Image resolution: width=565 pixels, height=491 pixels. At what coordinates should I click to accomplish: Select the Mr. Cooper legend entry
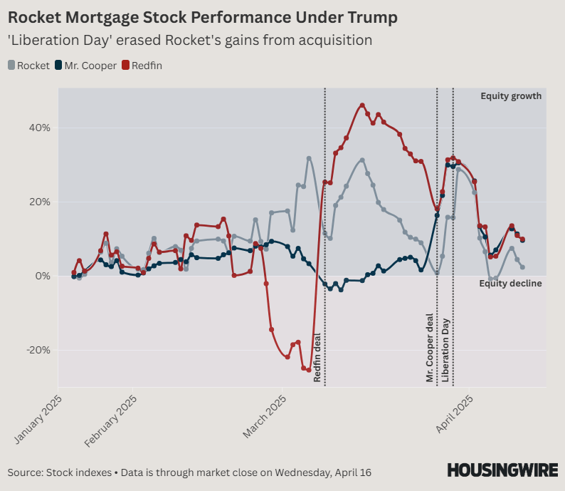pos(85,66)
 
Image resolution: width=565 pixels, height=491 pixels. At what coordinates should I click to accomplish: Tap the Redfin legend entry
pos(146,66)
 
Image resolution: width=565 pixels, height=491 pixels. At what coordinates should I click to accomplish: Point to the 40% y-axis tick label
pos(39,128)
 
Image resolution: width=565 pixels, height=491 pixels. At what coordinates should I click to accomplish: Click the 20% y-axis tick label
pos(39,202)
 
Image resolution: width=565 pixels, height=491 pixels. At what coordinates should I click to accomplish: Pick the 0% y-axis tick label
pos(43,276)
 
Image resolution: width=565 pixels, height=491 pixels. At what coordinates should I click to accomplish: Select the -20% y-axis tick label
pos(38,350)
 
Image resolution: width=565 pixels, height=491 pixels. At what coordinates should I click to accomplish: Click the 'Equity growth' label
pos(511,96)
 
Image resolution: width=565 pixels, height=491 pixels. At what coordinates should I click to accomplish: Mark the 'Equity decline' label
pos(510,284)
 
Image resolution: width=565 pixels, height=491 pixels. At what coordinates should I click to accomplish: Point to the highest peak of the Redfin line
pos(362,105)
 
